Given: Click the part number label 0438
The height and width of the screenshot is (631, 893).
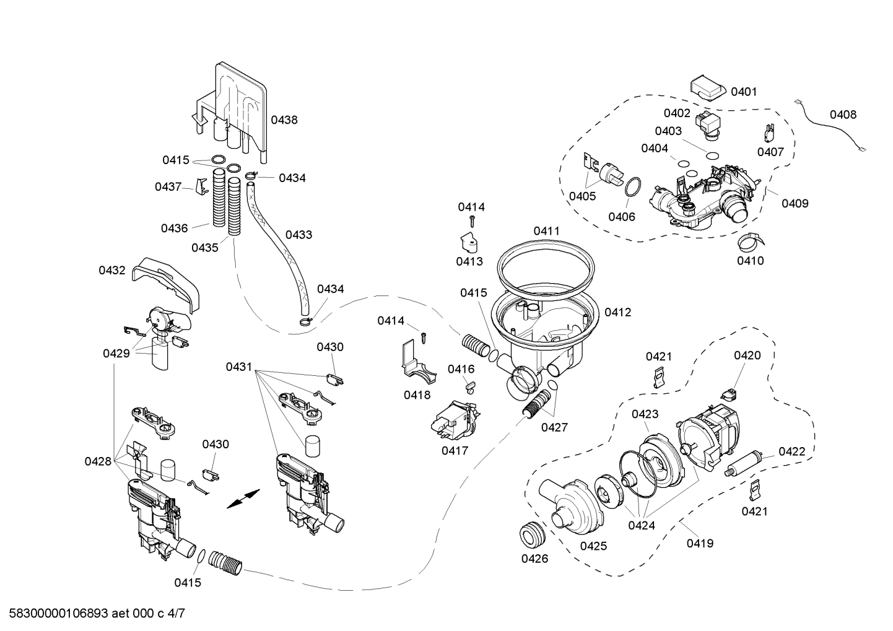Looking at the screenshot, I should [285, 120].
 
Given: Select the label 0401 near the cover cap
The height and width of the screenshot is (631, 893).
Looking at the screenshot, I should [744, 92].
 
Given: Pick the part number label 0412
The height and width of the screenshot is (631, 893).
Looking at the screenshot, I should [617, 312].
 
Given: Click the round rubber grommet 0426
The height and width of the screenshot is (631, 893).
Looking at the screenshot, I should [533, 534].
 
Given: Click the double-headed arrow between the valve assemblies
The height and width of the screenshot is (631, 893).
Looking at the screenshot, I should [243, 498].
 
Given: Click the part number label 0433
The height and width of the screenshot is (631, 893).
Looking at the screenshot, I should [298, 235].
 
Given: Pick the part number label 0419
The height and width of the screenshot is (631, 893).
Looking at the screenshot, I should [700, 543].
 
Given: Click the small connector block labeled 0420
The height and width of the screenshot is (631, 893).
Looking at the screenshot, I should [730, 392].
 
